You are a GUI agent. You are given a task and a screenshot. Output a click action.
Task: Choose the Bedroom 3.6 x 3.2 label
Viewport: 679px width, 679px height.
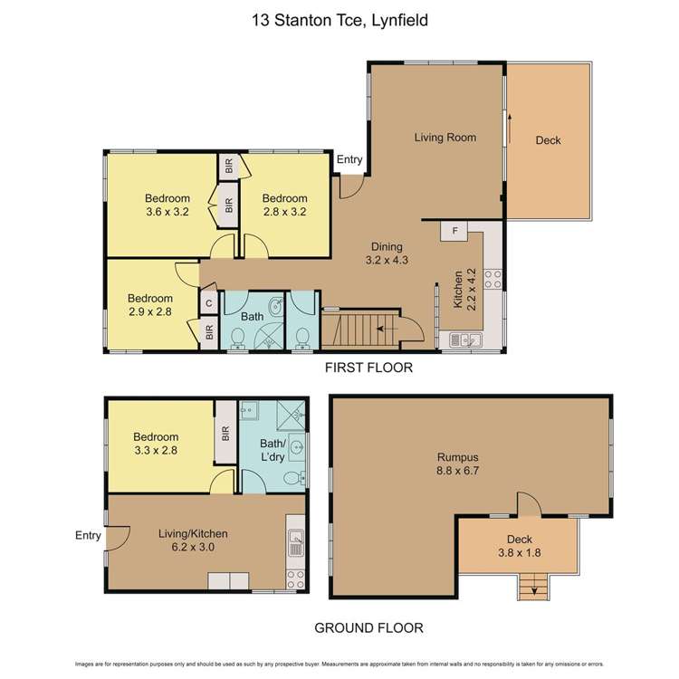[167, 206]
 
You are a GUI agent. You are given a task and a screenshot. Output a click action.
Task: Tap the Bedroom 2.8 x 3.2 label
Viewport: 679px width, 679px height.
[284, 206]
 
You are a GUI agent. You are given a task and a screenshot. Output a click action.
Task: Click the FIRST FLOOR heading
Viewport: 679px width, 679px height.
[370, 368]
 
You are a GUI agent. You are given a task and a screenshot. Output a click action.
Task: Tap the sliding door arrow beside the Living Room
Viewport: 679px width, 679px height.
[510, 127]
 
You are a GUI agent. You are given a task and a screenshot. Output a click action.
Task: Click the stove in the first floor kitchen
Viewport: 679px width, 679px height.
[494, 278]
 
